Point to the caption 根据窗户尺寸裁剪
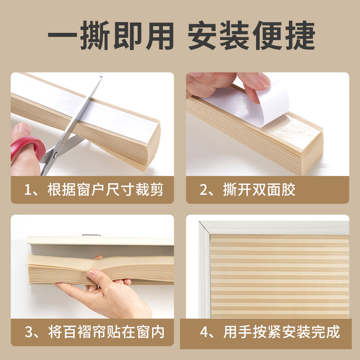pos(104,189)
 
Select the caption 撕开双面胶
pos(259,189)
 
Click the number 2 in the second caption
pos(204,189)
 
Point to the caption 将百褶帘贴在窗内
pos(106,332)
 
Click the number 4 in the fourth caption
pos(205,332)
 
